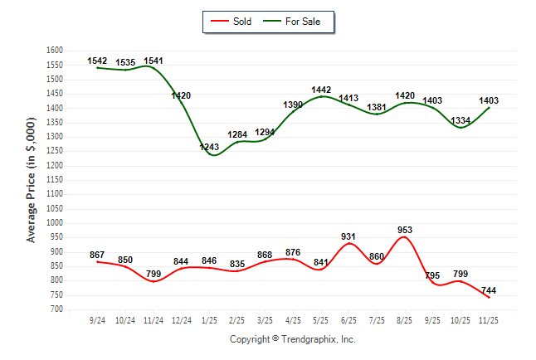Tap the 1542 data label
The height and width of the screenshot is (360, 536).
click(97, 61)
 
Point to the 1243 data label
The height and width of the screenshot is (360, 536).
click(209, 147)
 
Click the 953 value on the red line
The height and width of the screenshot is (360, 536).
click(405, 230)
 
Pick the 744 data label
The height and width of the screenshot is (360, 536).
click(490, 290)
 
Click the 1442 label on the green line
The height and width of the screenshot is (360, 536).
click(321, 90)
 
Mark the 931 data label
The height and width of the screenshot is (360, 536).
click(349, 236)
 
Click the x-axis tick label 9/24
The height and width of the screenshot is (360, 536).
click(97, 319)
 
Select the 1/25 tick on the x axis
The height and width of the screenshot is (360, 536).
click(209, 319)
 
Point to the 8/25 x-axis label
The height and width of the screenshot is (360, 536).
click(405, 319)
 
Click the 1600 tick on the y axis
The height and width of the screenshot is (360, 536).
click(54, 51)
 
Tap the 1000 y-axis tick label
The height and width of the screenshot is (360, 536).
click(54, 223)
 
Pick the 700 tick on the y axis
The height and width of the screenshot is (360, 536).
click(56, 309)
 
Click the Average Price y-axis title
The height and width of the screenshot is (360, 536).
click(32, 180)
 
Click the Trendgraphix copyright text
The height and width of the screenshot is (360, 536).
click(292, 339)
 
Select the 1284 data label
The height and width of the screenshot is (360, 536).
click(237, 134)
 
